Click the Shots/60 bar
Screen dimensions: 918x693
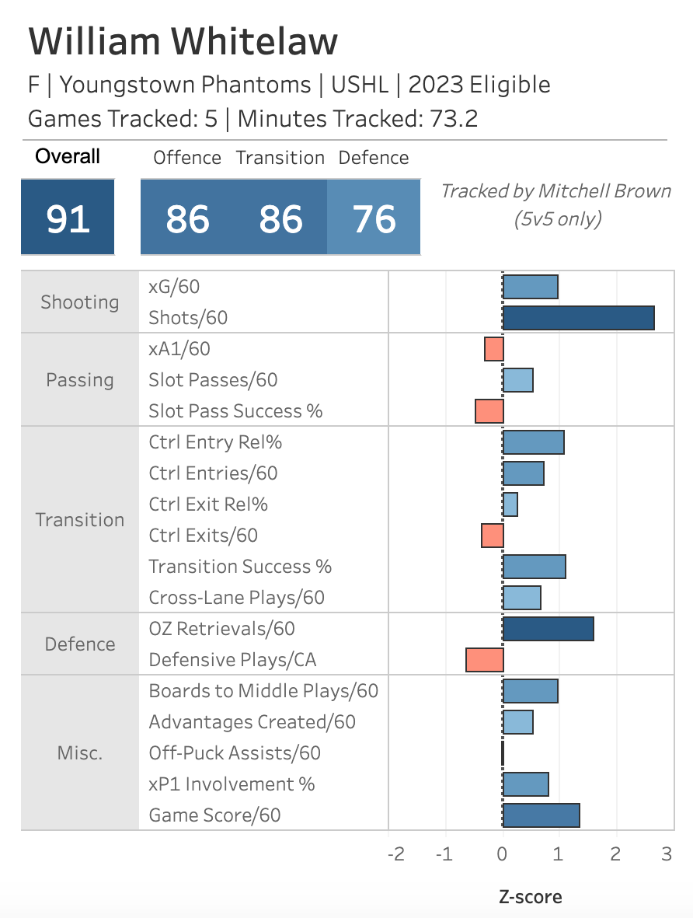click(x=578, y=318)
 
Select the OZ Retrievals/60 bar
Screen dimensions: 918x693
click(x=548, y=629)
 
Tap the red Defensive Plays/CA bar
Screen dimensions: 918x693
click(x=485, y=660)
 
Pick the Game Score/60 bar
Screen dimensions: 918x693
click(x=541, y=815)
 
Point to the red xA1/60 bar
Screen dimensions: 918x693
click(x=494, y=349)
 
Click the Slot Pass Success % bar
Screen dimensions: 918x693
click(x=489, y=411)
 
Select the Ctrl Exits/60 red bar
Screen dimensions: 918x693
click(x=493, y=536)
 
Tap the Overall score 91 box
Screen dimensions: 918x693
click(x=68, y=219)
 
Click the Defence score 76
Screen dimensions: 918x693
click(x=374, y=219)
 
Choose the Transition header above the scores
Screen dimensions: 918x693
click(x=280, y=158)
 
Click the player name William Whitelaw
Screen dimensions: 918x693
click(x=183, y=41)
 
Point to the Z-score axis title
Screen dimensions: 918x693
click(x=530, y=896)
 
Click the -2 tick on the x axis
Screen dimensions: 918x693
click(x=395, y=853)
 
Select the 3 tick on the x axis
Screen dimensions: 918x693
click(x=667, y=853)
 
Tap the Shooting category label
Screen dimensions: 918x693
click(x=80, y=302)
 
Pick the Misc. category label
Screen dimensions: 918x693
click(x=80, y=753)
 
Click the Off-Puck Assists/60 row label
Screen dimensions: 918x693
click(x=235, y=753)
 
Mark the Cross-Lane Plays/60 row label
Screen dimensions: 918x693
click(x=236, y=598)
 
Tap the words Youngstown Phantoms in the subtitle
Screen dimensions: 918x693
click(x=186, y=84)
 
